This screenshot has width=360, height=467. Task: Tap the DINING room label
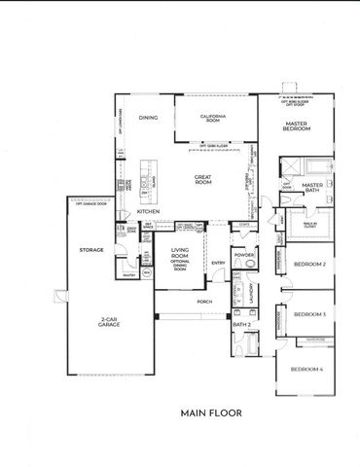pyautogui.click(x=148, y=118)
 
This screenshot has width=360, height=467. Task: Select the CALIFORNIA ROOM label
pyautogui.click(x=212, y=119)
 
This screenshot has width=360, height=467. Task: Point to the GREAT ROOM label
pyautogui.click(x=202, y=179)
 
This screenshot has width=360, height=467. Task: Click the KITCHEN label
pyautogui.click(x=148, y=211)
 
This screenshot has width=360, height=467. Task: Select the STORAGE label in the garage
pyautogui.click(x=91, y=250)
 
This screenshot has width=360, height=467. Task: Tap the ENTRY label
pyautogui.click(x=218, y=263)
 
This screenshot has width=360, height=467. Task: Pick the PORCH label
pyautogui.click(x=205, y=302)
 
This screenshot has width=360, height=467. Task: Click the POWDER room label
pyautogui.click(x=243, y=255)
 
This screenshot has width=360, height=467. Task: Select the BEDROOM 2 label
pyautogui.click(x=308, y=264)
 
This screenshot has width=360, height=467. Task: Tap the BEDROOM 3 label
pyautogui.click(x=308, y=314)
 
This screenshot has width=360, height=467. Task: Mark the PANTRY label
pyautogui.click(x=128, y=275)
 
